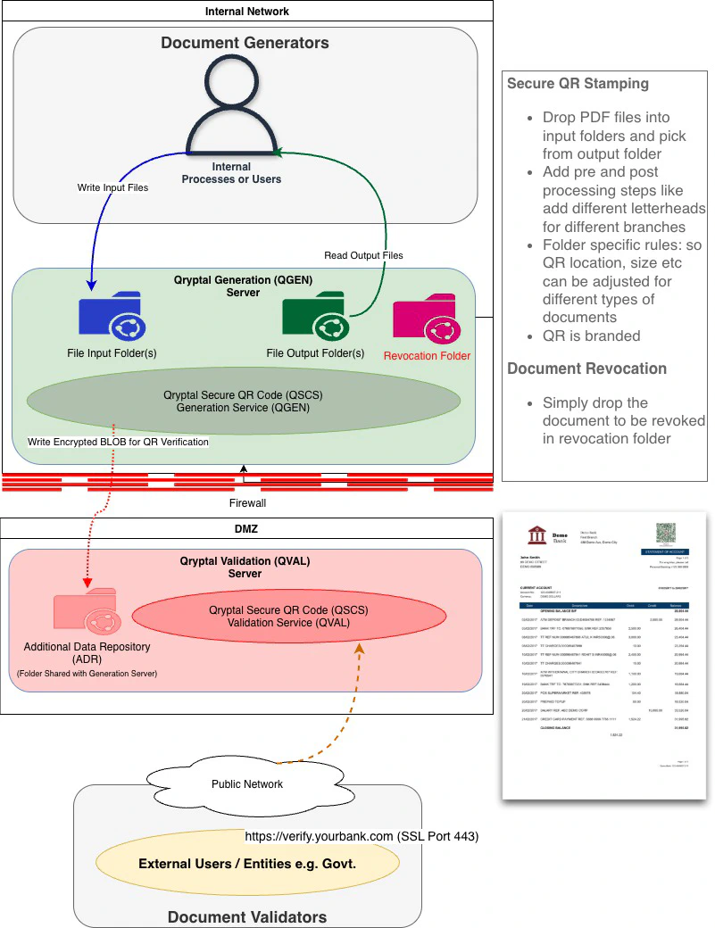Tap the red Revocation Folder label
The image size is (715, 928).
pyautogui.click(x=427, y=355)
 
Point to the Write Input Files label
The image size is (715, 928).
pyautogui.click(x=112, y=187)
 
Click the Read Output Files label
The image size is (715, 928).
pyautogui.click(x=363, y=255)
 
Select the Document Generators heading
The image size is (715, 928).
pyautogui.click(x=245, y=43)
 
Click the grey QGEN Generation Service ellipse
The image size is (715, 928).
pyautogui.click(x=236, y=401)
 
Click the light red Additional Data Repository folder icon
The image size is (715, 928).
pyautogui.click(x=85, y=611)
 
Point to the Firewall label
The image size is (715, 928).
pyautogui.click(x=247, y=503)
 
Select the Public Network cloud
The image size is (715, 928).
pyautogui.click(x=246, y=783)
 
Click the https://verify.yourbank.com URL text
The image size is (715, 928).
pyautogui.click(x=319, y=837)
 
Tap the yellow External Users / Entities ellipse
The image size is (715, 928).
pyautogui.click(x=246, y=864)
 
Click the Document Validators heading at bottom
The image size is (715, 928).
pyautogui.click(x=246, y=916)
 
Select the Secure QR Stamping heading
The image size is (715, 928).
pyautogui.click(x=578, y=84)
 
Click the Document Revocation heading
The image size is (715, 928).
pyautogui.click(x=586, y=369)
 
